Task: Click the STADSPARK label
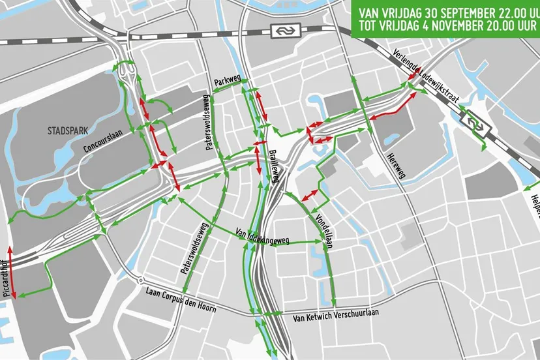point(67,130)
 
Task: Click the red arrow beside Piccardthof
point(11,271)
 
